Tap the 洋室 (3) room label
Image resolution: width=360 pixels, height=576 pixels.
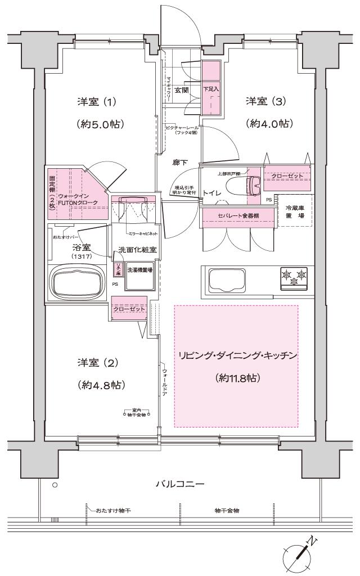[x=266, y=101]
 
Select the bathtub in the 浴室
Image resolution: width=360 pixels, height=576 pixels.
[x=78, y=279]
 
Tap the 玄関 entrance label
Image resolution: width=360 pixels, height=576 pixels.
[x=181, y=90]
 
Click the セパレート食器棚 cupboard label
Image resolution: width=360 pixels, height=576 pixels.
[x=238, y=216]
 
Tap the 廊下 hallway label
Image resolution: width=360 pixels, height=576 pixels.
[x=181, y=163]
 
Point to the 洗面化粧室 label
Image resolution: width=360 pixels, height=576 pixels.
[x=137, y=250]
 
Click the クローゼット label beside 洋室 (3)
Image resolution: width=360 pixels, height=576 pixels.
[x=287, y=176]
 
